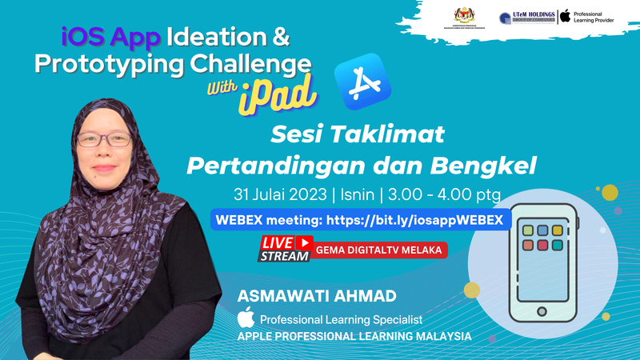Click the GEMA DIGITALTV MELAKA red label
380,250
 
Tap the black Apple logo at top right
565,16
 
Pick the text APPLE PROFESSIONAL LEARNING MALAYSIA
354,337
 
